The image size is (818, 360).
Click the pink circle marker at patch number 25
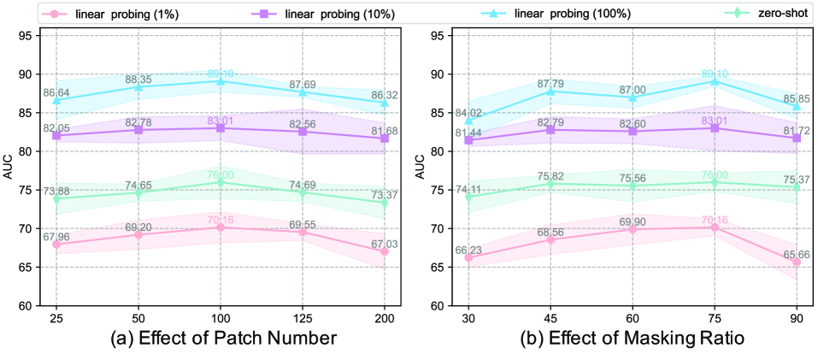point(56,245)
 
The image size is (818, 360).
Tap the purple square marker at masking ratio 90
point(797,138)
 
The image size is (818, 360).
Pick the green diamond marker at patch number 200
point(385,203)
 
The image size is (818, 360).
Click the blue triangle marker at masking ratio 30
point(468,120)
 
